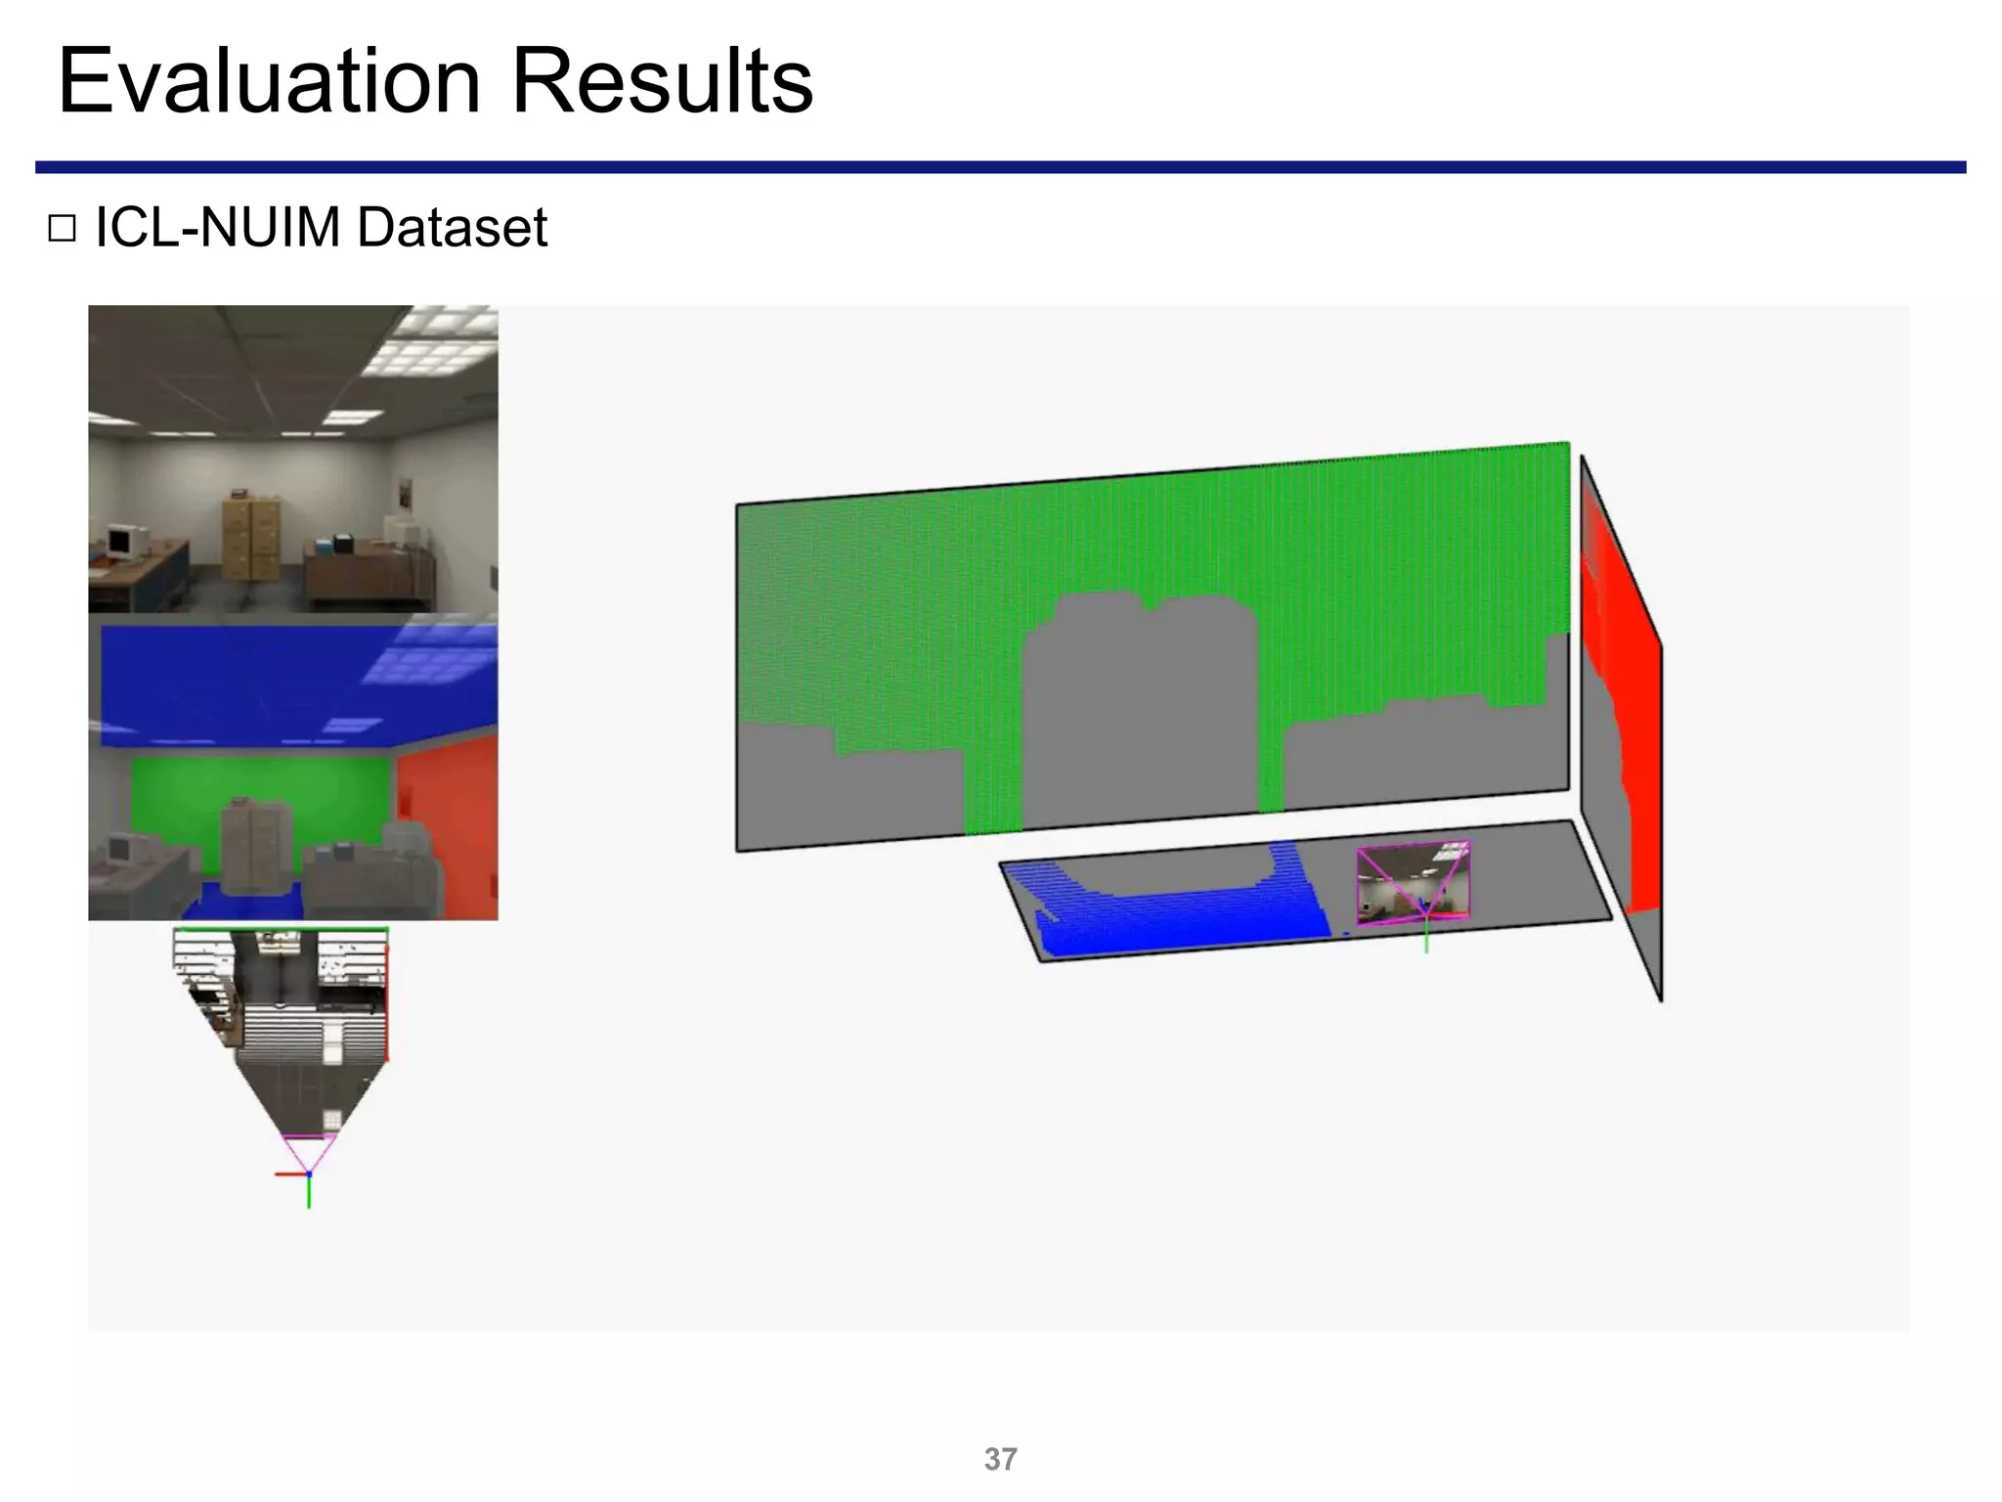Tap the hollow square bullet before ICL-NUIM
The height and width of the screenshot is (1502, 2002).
click(62, 229)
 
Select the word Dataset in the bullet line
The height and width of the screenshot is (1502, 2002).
click(452, 228)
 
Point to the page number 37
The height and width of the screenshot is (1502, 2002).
click(1000, 1459)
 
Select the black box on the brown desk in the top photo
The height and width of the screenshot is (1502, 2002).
click(343, 543)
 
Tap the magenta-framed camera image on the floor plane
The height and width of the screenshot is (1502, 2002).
click(1413, 883)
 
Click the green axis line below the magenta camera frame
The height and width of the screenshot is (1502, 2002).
click(1426, 937)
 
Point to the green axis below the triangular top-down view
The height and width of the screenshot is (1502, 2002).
click(309, 1192)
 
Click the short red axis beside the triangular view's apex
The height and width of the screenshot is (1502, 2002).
click(289, 1173)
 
